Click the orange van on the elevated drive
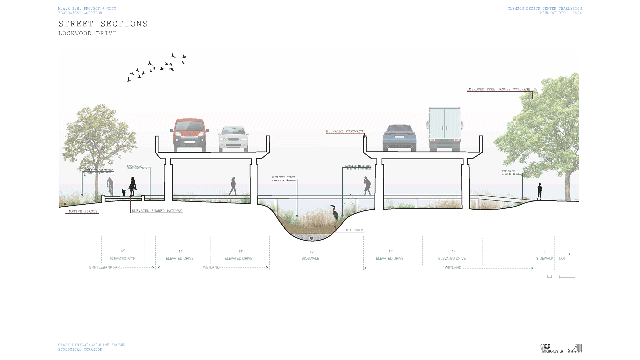[189, 135]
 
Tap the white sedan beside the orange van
[233, 139]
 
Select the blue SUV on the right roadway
[399, 138]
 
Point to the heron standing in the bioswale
[334, 213]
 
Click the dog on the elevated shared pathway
[124, 192]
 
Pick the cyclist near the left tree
[110, 186]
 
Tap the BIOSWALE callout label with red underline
[354, 230]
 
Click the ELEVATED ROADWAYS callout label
[344, 131]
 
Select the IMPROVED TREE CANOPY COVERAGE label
[498, 89]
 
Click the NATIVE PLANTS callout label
[83, 211]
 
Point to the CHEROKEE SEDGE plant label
[283, 177]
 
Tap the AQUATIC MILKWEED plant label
[358, 166]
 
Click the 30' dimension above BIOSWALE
[312, 251]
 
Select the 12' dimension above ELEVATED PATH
[122, 251]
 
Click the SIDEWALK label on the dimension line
[545, 259]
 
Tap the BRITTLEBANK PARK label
[106, 267]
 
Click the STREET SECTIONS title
[103, 24]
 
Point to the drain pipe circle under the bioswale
[312, 238]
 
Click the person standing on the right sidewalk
[539, 192]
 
